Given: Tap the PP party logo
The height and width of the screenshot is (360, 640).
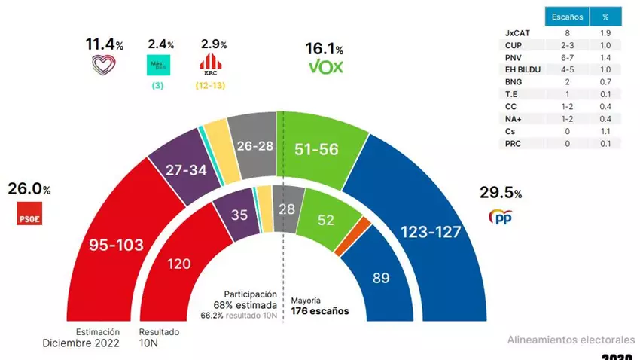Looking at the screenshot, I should click(501, 217).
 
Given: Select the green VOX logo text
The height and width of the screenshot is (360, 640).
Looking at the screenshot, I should click(326, 68).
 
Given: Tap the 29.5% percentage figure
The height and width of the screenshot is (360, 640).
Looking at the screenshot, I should click(499, 192).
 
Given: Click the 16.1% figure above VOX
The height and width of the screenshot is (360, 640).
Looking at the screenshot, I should click(325, 49).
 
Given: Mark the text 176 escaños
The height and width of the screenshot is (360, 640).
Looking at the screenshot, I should click(319, 310).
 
